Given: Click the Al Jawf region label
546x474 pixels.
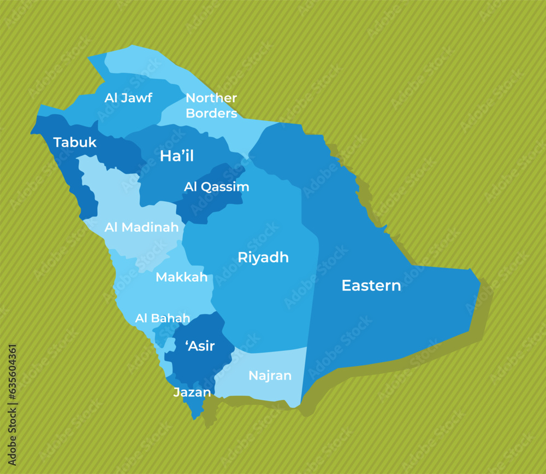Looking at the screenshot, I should pyautogui.click(x=128, y=98).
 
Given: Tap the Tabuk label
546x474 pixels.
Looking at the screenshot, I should pyautogui.click(x=75, y=143).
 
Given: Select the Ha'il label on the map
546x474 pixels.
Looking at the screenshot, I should pyautogui.click(x=176, y=156).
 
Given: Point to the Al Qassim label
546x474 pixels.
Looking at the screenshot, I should pyautogui.click(x=216, y=187).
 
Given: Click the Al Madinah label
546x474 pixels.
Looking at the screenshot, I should pyautogui.click(x=141, y=227).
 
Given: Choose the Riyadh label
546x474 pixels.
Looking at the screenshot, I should pyautogui.click(x=263, y=258).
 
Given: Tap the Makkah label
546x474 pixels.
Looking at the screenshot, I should pyautogui.click(x=181, y=277).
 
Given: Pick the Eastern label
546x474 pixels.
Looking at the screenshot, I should pyautogui.click(x=371, y=285).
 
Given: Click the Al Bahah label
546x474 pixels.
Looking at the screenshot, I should pyautogui.click(x=162, y=318).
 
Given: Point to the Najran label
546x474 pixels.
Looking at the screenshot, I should pyautogui.click(x=270, y=376).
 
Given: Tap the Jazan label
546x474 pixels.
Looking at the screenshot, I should pyautogui.click(x=192, y=393).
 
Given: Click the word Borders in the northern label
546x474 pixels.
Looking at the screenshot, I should pyautogui.click(x=211, y=114).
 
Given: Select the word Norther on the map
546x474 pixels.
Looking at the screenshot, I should pyautogui.click(x=211, y=98).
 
